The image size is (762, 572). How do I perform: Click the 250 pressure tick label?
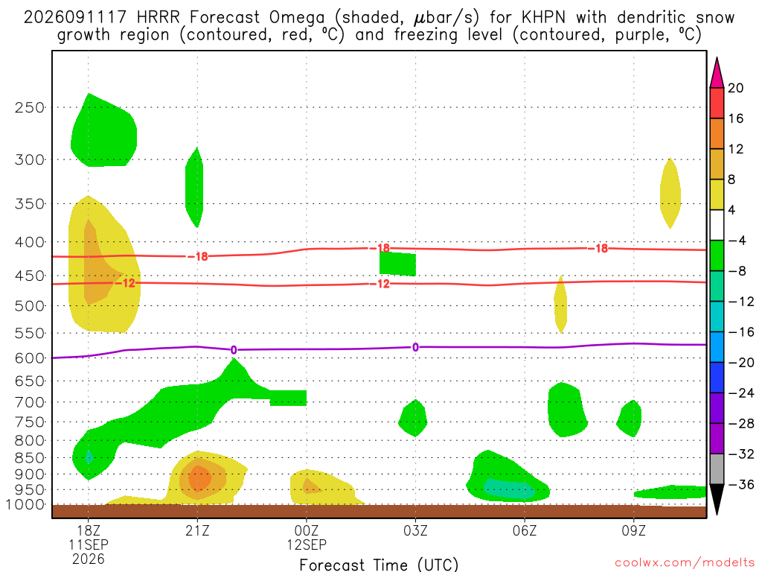coord(29,107)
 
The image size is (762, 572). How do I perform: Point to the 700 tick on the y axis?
coord(29,402)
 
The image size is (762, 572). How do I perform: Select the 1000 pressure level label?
coord(25,505)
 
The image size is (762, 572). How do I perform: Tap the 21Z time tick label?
coord(197,530)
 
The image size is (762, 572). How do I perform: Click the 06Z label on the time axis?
coord(525,530)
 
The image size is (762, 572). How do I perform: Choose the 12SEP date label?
coord(307,544)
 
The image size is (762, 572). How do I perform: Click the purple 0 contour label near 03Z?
coord(415,347)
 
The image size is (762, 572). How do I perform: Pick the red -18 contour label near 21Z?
coord(198,256)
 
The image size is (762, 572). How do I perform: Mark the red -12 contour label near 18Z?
coord(125,283)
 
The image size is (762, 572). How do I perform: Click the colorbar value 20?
coord(736,88)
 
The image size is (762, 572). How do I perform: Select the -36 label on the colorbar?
coord(740,484)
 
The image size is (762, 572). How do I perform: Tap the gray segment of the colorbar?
coord(717,469)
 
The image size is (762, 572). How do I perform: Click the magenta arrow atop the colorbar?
coord(717,72)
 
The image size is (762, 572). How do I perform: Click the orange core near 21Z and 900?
coord(199,477)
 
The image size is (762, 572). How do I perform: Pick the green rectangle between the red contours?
coord(397,264)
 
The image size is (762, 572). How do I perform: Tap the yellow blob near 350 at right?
coord(670,193)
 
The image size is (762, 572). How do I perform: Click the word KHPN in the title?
coord(543,18)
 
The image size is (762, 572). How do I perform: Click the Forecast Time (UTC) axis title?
coord(379,565)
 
